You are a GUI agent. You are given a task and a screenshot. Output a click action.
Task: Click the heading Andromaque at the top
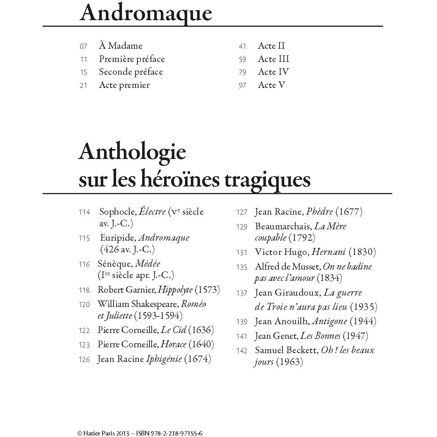145,13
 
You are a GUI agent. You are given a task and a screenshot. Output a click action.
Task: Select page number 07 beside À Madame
83,46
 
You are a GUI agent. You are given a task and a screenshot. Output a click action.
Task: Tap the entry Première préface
132,59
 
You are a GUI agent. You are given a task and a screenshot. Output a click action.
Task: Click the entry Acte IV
273,72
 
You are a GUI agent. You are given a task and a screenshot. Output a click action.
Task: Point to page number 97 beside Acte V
242,85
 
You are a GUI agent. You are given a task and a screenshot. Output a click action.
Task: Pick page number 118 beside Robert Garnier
84,290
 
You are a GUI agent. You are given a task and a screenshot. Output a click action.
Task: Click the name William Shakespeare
138,304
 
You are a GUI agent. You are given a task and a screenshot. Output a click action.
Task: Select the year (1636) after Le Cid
201,330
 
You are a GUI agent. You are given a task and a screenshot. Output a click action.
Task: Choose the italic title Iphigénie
164,359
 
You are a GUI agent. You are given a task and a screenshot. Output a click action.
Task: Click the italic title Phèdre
319,212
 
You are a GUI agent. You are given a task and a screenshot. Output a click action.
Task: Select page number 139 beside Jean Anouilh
242,322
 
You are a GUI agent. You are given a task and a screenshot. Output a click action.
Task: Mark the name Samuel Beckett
286,350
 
